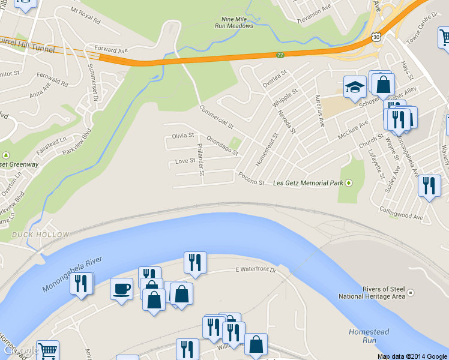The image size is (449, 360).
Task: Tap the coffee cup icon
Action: coord(121,289)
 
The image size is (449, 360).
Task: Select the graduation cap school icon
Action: coord(355,88)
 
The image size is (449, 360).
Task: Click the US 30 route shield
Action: coord(375,37)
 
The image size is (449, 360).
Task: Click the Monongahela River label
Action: coord(73,275)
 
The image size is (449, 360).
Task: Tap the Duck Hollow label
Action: coord(40,234)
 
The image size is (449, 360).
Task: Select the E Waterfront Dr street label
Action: coord(255,271)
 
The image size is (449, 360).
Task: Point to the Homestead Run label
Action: coord(369,336)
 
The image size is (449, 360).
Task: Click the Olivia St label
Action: coord(183,136)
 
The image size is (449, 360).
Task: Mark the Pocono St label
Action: coord(251,179)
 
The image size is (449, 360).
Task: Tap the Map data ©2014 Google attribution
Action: coord(412,356)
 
